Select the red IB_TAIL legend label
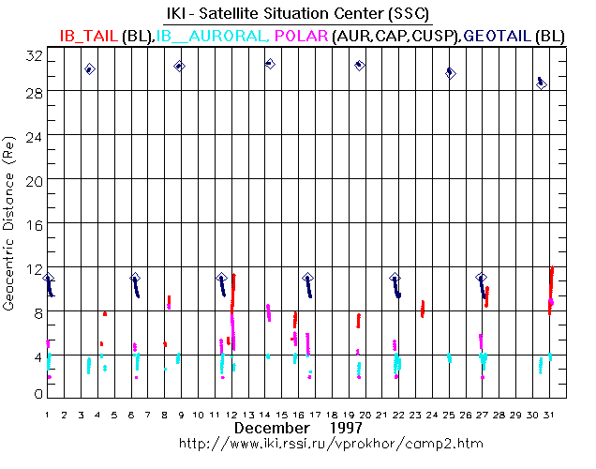tap(89, 35)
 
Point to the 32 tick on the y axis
tap(34, 55)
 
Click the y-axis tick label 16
tap(34, 224)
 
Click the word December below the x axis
tap(272, 428)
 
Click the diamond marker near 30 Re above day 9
tap(179, 66)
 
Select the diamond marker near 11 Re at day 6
tap(135, 279)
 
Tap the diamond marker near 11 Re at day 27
tap(482, 279)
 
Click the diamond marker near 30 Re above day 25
tap(450, 72)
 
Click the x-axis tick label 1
tap(48, 414)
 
